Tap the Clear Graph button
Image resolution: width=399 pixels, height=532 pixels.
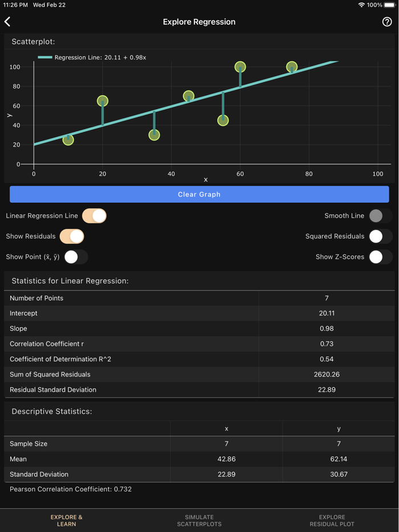(199, 194)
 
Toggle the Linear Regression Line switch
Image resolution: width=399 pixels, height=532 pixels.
(95, 216)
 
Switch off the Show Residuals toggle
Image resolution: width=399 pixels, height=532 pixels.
(72, 236)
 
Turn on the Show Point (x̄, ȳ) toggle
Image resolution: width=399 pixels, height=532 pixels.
(76, 257)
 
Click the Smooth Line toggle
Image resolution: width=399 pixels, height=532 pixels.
(380, 216)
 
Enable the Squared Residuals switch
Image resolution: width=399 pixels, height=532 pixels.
(380, 236)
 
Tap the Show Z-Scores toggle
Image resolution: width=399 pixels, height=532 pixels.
(380, 257)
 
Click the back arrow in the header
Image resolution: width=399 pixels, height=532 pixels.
(8, 22)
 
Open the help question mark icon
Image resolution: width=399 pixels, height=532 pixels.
(387, 22)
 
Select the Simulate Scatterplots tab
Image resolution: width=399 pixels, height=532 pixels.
(199, 521)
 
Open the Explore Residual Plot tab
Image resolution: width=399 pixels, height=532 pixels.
(332, 521)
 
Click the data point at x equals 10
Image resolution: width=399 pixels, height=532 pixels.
(68, 140)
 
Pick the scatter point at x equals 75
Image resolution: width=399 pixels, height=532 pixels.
(292, 67)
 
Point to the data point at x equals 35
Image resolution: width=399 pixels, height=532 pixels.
(154, 135)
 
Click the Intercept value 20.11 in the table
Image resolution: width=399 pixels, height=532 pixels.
(327, 313)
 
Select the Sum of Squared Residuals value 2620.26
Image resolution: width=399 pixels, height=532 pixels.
(327, 374)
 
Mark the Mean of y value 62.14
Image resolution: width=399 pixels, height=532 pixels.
(339, 459)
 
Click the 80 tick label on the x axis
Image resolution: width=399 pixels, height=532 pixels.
(309, 174)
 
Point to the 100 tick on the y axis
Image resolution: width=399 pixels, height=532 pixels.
(15, 67)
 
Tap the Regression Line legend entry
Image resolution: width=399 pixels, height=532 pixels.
(92, 58)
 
